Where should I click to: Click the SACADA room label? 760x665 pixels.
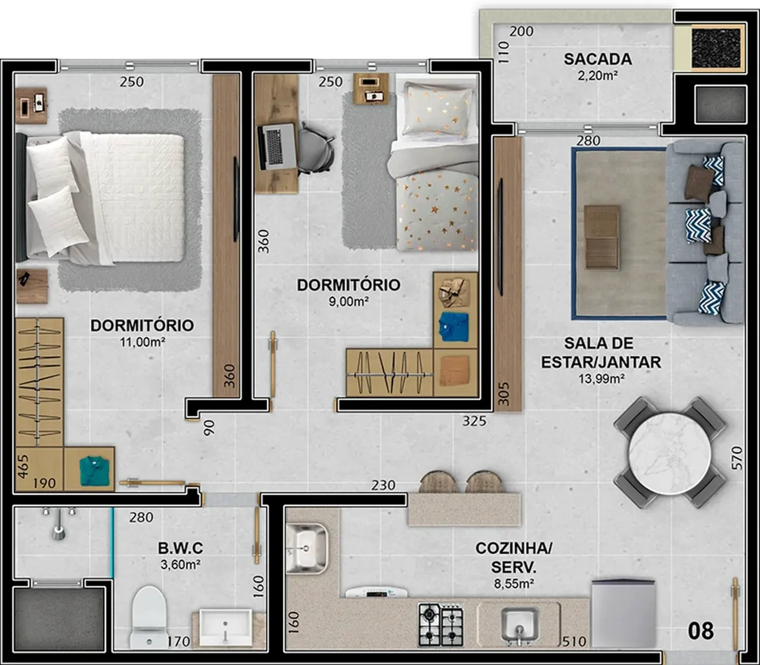pyautogui.click(x=598, y=59)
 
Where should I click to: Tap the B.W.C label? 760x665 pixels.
pyautogui.click(x=180, y=548)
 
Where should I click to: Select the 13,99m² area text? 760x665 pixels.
pyautogui.click(x=601, y=379)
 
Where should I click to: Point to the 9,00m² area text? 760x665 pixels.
pyautogui.click(x=349, y=302)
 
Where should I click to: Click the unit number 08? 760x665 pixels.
pyautogui.click(x=701, y=631)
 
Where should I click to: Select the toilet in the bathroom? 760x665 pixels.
pyautogui.click(x=149, y=618)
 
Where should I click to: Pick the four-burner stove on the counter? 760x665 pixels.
pyautogui.click(x=441, y=625)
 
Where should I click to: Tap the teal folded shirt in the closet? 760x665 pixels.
pyautogui.click(x=94, y=471)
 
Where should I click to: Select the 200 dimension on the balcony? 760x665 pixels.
pyautogui.click(x=521, y=31)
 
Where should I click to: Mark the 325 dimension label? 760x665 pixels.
pyautogui.click(x=474, y=421)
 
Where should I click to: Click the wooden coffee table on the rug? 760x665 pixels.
pyautogui.click(x=602, y=237)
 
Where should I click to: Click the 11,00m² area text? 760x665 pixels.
pyautogui.click(x=142, y=342)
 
